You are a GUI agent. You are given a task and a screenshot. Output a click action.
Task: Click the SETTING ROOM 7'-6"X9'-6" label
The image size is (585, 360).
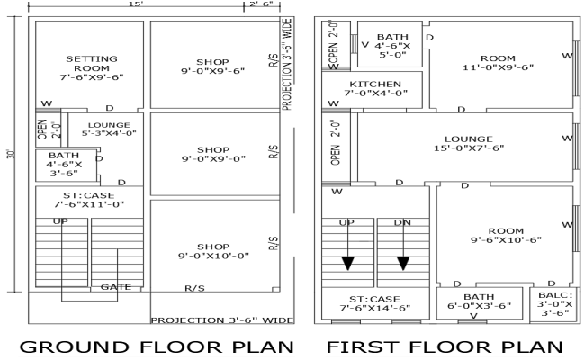[90, 67]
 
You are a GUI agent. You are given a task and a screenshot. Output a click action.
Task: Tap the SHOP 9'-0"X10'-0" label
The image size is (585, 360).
[213, 250]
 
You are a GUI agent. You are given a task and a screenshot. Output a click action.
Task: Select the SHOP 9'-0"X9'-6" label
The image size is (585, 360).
[213, 67]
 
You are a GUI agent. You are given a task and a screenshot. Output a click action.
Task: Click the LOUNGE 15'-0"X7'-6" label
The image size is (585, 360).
[468, 144]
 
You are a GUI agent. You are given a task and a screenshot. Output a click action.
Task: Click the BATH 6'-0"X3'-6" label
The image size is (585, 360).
[478, 301]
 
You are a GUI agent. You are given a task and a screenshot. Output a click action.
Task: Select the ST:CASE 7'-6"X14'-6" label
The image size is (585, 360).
[374, 304]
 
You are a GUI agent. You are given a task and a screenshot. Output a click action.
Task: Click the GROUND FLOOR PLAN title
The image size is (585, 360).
[158, 347]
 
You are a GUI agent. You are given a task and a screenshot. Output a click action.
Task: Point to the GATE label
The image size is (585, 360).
[116, 287]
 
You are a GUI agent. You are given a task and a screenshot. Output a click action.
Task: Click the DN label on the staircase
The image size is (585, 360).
[402, 222]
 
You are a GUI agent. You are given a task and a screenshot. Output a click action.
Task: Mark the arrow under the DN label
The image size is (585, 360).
[402, 262]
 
